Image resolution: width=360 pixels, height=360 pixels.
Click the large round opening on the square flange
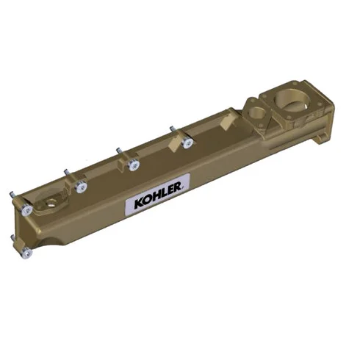[292, 100]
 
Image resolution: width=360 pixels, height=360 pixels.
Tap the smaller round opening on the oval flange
[256, 113]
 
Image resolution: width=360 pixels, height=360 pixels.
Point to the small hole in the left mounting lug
[51, 203]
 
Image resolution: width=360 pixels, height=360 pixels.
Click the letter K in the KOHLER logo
[139, 204]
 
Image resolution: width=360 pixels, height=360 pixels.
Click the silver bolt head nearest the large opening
[188, 143]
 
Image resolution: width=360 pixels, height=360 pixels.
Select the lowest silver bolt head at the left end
[26, 253]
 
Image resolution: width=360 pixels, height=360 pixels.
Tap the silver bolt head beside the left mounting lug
[26, 210]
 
